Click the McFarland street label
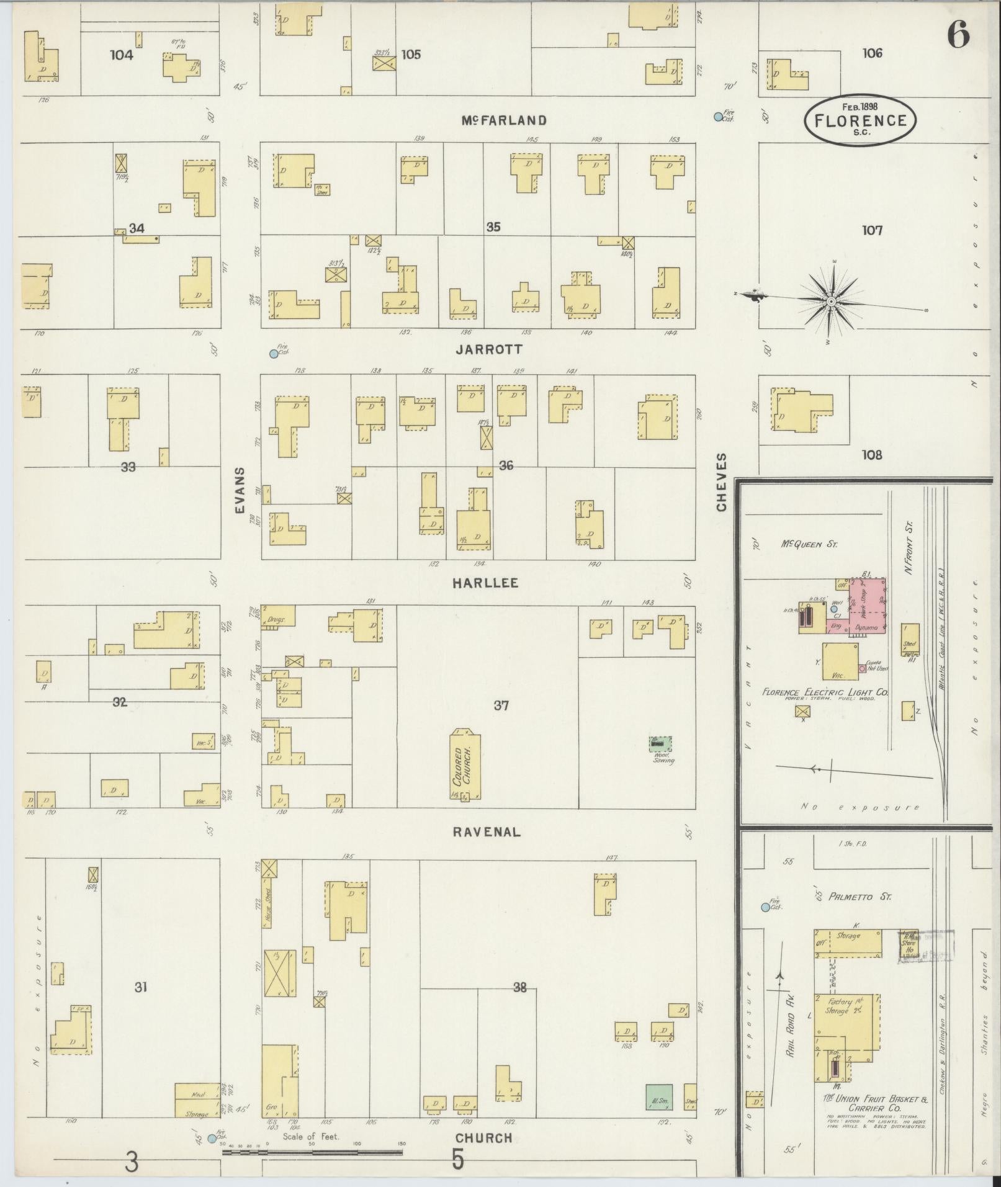click(x=503, y=120)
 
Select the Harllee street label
click(x=485, y=583)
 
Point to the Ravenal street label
click(x=487, y=832)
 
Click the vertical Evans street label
click(x=240, y=490)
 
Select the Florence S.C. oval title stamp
click(x=860, y=121)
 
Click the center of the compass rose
click(x=830, y=302)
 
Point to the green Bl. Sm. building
click(x=659, y=1097)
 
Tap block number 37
click(x=501, y=705)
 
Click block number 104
click(x=122, y=55)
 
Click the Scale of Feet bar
click(x=312, y=1152)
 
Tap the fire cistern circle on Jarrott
click(x=274, y=354)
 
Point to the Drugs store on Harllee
click(x=277, y=616)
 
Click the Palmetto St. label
click(x=851, y=897)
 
